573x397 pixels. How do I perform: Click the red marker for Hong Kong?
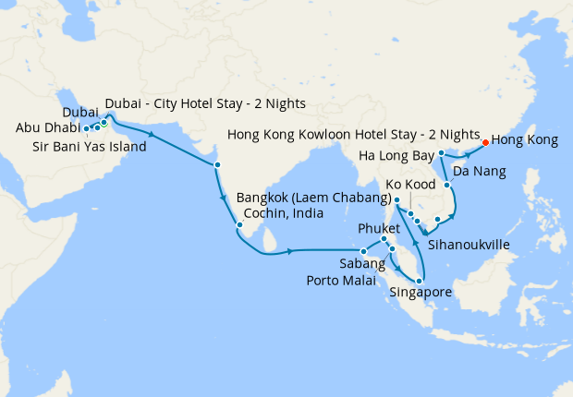pyautogui.click(x=485, y=142)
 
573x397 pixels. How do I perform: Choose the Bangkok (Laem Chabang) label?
pyautogui.click(x=311, y=198)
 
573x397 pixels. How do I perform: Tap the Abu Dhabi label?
pyautogui.click(x=46, y=128)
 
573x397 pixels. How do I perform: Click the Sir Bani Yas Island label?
pyautogui.click(x=89, y=147)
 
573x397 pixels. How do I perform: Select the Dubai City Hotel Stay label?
pyautogui.click(x=205, y=102)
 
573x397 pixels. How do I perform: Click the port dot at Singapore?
pyautogui.click(x=421, y=280)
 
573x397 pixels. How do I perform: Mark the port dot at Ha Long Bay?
pyautogui.click(x=443, y=152)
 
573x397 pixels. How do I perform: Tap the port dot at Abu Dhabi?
pyautogui.click(x=87, y=128)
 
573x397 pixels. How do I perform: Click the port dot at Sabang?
pyautogui.click(x=365, y=250)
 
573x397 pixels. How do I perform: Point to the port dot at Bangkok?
pyautogui.click(x=396, y=200)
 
